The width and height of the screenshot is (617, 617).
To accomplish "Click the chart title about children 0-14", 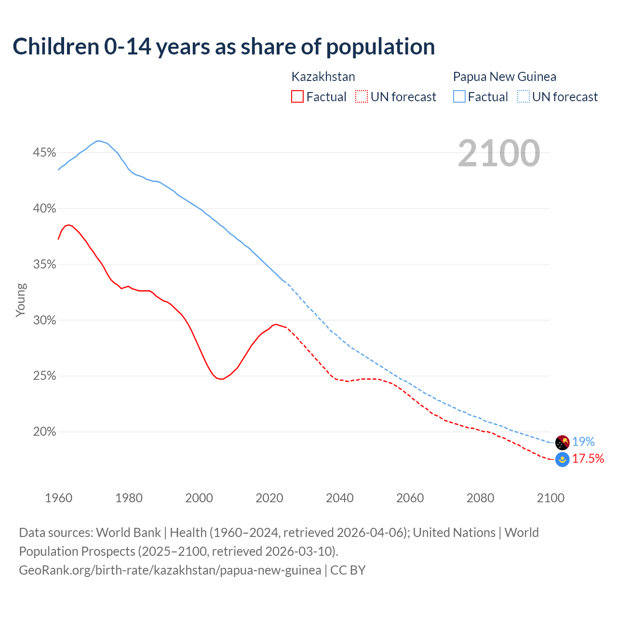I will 224,47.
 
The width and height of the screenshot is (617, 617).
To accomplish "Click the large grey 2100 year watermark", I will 499,153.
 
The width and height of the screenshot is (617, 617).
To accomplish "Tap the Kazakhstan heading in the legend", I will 323,77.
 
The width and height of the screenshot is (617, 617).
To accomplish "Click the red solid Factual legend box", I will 297,97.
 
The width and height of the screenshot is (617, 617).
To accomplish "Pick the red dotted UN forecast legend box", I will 362,97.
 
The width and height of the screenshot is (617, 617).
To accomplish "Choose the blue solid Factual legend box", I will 459,97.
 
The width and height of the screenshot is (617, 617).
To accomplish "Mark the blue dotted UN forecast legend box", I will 523,97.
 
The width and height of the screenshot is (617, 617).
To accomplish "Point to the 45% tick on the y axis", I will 44,153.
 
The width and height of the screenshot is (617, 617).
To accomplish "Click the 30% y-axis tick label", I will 44,321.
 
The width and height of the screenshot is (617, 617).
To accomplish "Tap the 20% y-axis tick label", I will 44,432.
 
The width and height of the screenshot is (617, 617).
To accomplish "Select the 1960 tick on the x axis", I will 58,498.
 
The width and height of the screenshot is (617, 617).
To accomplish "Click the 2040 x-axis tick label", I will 339,498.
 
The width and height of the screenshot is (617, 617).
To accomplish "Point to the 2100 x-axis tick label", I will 550,498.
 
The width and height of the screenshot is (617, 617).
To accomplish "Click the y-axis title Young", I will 21,300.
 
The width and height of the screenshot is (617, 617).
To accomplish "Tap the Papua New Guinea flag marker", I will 563,442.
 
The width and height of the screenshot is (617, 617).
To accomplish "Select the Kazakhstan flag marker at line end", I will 563,459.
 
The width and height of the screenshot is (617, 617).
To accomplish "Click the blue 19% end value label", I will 583,442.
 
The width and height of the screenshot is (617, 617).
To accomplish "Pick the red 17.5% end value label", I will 588,458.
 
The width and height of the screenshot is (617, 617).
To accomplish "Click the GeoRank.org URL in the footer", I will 170,570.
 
